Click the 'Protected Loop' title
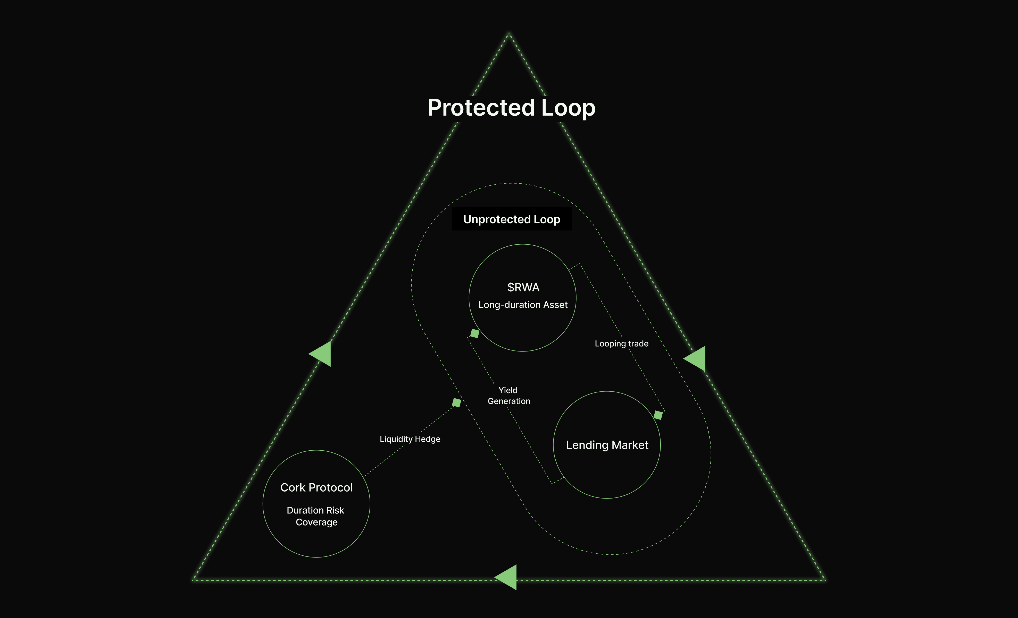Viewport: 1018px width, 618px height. pos(511,108)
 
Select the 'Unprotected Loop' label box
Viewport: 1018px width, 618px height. pos(512,219)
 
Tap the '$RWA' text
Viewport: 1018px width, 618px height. pos(523,287)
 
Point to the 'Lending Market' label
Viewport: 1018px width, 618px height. pos(607,445)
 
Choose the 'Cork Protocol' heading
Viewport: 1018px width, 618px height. pos(316,487)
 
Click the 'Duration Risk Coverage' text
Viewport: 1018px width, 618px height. pos(316,516)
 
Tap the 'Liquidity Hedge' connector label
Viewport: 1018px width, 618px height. pos(410,439)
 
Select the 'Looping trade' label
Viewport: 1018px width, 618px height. pos(621,344)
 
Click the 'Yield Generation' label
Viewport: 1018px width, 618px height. pos(508,396)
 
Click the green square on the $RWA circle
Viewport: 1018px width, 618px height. pos(475,333)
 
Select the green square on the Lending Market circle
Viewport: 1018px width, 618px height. pos(658,415)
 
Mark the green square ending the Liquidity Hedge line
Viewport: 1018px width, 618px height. pos(456,402)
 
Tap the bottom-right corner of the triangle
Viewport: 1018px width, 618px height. pos(825,580)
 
